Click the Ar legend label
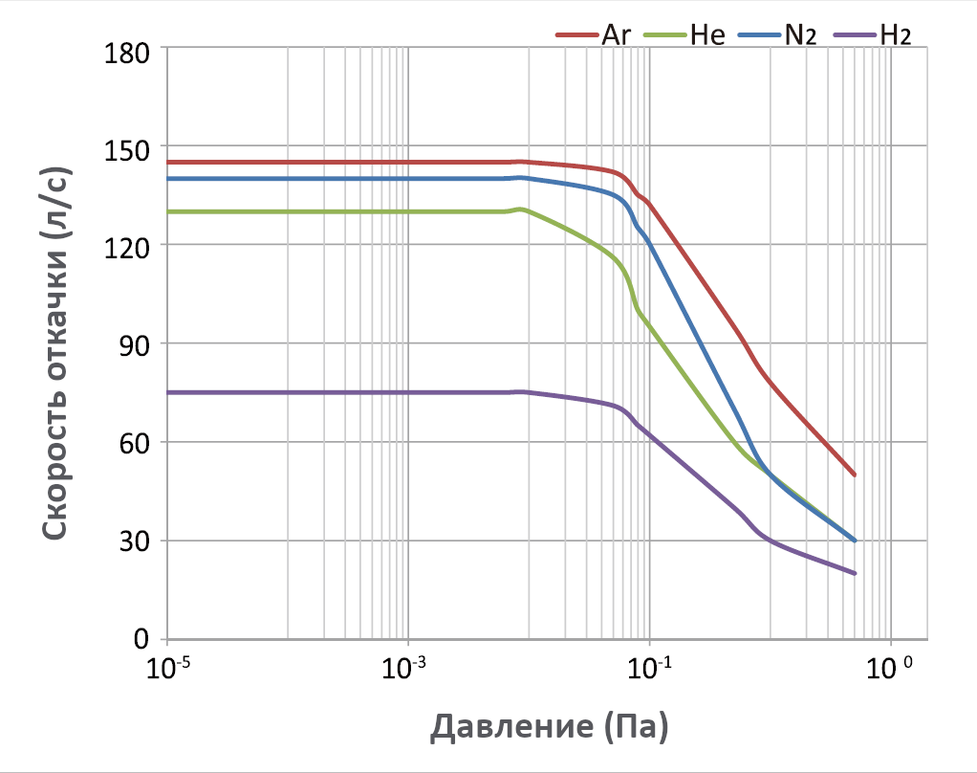615,35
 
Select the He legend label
706,35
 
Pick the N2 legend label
798,35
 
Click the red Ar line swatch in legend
576,36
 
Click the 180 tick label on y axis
125,49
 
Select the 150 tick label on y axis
125,149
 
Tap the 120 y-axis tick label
125,247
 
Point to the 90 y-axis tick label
133,345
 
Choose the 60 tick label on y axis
133,444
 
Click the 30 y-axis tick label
133,542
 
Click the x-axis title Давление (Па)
549,729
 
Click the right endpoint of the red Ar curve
854,475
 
